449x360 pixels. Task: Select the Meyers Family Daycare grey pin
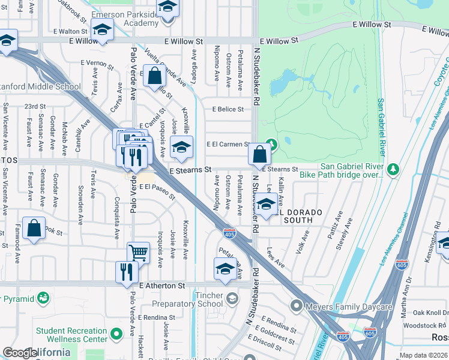[x=295, y=307]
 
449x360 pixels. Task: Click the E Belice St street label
[x=228, y=109]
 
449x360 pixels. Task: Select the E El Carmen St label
[x=228, y=145]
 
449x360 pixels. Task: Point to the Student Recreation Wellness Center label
[x=71, y=335]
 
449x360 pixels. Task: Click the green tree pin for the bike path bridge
[x=393, y=170]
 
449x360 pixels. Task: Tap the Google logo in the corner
[x=19, y=353]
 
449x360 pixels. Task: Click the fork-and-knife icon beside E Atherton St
[x=127, y=271]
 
